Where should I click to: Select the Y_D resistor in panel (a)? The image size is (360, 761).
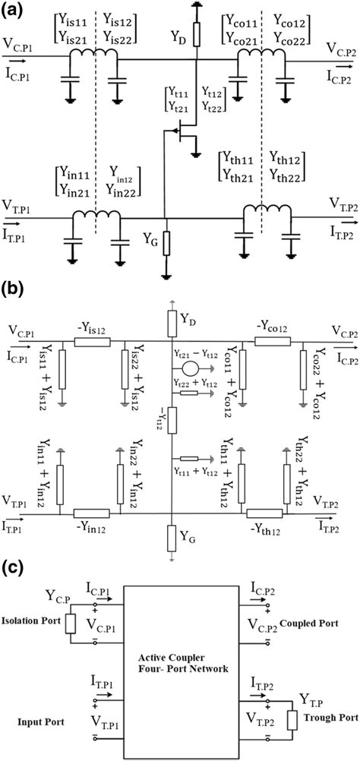pos(196,34)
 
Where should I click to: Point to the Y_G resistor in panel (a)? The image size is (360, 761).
pos(166,242)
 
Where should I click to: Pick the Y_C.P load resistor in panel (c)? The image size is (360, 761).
pos(71,623)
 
